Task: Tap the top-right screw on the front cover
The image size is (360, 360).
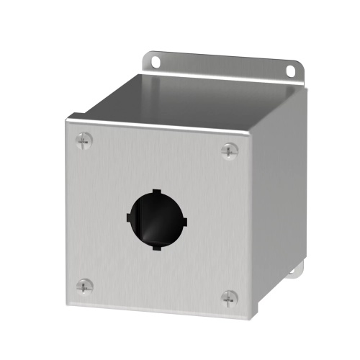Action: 229,150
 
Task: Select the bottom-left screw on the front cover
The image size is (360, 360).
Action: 85,285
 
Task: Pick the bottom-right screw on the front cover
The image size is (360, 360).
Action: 229,297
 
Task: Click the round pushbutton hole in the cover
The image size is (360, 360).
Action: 155,218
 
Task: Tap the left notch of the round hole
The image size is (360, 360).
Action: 129,217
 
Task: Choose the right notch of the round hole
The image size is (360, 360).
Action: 181,219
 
